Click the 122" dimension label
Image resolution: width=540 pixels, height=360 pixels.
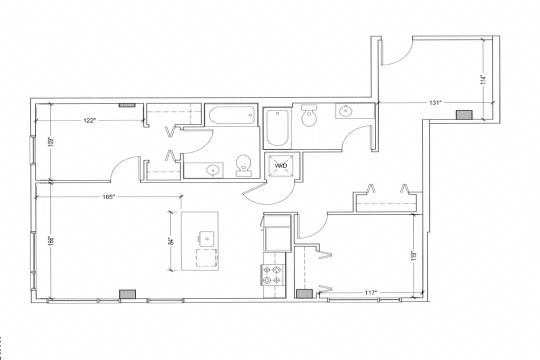click(89, 120)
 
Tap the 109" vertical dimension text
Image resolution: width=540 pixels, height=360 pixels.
click(50, 142)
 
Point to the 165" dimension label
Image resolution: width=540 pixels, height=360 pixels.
click(108, 197)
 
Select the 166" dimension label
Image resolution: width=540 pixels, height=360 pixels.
click(50, 240)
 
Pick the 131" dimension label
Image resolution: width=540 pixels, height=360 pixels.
click(435, 102)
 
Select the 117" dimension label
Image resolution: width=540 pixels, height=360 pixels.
click(371, 293)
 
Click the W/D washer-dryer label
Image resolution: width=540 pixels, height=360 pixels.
click(281, 165)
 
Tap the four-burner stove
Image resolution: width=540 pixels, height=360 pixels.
click(274, 275)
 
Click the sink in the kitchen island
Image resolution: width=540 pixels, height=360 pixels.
click(207, 238)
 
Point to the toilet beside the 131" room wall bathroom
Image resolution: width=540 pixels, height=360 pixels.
click(308, 115)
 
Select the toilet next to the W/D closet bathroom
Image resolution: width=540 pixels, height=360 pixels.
click(244, 165)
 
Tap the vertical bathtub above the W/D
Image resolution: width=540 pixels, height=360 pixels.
click(277, 128)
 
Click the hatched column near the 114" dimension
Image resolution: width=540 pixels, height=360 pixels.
click(464, 114)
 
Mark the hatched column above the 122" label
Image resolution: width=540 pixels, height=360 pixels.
click(127, 105)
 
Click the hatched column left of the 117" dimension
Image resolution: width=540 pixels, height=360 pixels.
click(304, 293)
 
